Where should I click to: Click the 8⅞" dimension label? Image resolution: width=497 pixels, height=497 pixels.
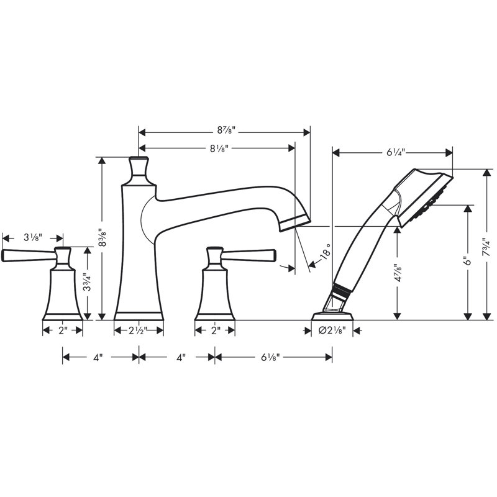[226, 130]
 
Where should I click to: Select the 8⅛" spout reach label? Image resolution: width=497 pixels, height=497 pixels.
[219, 148]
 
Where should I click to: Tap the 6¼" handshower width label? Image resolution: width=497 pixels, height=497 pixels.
[396, 152]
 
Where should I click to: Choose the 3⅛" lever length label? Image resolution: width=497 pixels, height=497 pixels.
[33, 237]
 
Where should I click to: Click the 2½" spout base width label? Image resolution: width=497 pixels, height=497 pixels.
[138, 331]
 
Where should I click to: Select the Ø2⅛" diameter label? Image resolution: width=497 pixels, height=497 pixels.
[332, 331]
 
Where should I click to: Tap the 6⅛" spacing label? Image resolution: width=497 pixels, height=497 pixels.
[270, 358]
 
